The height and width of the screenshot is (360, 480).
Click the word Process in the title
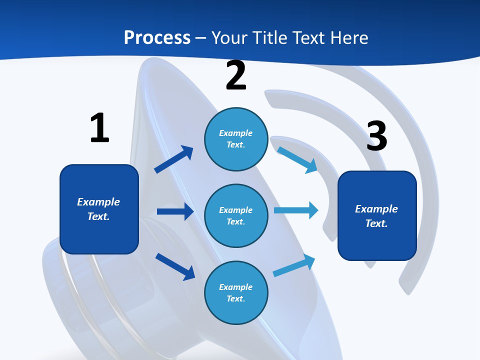pos(157,38)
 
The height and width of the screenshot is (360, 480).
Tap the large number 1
pos(99,128)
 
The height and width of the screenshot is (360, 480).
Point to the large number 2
pos(236,76)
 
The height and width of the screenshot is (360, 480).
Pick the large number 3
pos(376,136)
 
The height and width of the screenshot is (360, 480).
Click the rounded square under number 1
pos(99,209)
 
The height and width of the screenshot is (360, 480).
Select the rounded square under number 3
pos(377,216)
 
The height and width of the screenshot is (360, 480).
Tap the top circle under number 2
pos(236,139)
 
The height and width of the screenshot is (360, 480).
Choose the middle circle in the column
pos(236,215)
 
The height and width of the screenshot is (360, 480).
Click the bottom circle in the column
pos(236,292)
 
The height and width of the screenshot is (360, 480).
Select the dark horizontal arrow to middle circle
pos(175,211)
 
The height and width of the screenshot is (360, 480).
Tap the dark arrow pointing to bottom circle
pos(175,266)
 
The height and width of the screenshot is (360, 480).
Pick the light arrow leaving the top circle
pos(297,159)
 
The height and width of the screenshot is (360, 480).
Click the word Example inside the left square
pos(98,202)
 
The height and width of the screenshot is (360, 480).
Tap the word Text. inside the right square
pos(376,223)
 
